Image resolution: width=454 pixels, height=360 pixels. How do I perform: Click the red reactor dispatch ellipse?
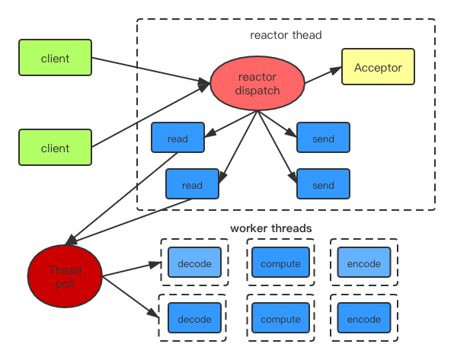point(257,84)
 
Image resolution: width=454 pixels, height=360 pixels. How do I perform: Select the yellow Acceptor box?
point(378,67)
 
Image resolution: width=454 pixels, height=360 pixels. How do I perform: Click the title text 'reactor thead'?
point(286,35)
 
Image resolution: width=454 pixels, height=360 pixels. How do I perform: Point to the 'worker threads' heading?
point(271,228)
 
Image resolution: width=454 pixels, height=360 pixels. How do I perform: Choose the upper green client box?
point(55,59)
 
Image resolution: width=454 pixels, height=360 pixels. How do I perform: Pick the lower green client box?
point(55,148)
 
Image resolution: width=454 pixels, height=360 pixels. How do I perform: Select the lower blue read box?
point(193,184)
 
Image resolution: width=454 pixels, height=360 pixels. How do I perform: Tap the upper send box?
point(323,139)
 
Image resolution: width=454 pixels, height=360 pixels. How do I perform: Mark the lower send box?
point(323,184)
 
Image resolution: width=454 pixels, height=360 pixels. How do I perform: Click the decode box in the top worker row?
point(194,263)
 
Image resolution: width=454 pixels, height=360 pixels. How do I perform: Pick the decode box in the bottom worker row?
point(194,318)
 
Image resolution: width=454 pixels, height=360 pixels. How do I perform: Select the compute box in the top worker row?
point(280,263)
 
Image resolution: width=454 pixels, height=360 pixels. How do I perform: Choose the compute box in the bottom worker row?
point(280,318)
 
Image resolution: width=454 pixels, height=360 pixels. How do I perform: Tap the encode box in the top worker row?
point(363,263)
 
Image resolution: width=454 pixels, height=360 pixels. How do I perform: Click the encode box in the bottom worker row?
point(363,318)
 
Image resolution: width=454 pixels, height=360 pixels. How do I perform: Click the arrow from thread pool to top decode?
point(133,269)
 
